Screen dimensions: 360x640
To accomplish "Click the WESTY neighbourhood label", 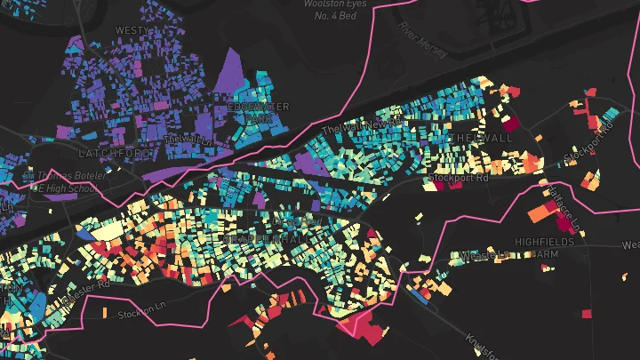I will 132,30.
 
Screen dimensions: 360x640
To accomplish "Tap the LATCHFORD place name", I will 115,154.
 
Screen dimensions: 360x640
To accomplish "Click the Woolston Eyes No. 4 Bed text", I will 337,9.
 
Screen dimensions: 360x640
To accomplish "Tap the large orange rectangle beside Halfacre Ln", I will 540,213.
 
